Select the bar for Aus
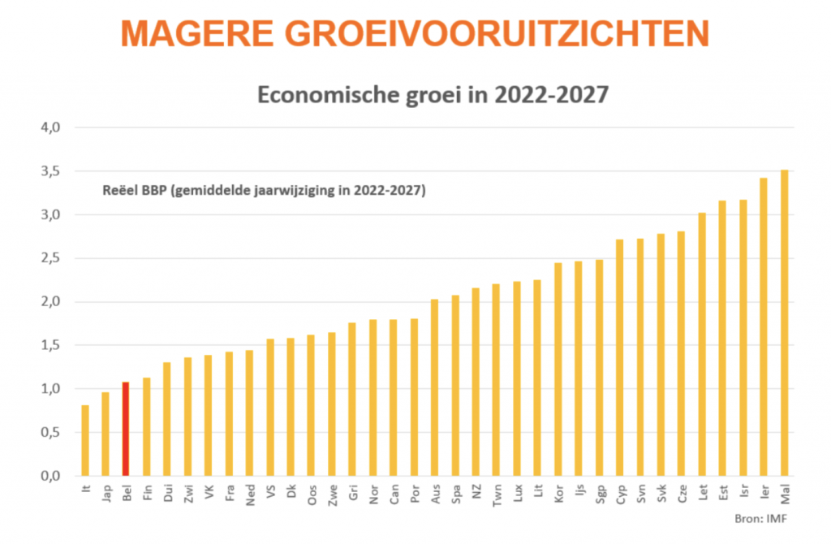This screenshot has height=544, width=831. pyautogui.click(x=434, y=387)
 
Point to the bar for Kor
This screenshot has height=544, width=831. pyautogui.click(x=558, y=369)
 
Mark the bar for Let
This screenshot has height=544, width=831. pyautogui.click(x=702, y=344)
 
